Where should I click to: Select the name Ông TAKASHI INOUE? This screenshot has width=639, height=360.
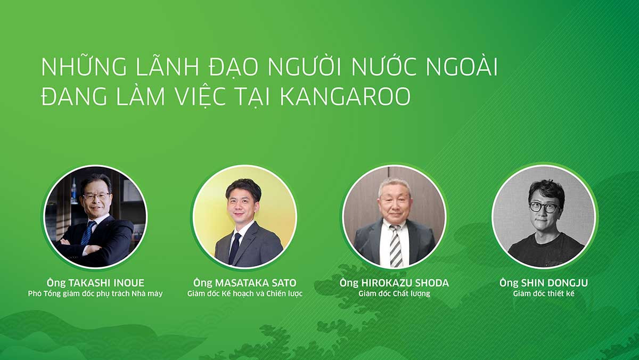(95, 283)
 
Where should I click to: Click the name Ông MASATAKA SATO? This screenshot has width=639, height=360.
(245, 283)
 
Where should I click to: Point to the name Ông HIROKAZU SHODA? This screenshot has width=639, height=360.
(394, 283)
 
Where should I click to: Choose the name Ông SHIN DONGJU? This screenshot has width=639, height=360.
(543, 283)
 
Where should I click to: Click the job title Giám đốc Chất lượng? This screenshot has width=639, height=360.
(394, 293)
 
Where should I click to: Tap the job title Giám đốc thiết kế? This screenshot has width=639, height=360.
(543, 293)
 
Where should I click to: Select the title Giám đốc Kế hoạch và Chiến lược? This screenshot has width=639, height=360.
(245, 293)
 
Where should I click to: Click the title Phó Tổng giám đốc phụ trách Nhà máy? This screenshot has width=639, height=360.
(95, 293)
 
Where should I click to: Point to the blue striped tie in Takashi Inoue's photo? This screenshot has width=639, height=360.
(87, 232)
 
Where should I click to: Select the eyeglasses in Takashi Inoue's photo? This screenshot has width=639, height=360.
(96, 197)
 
